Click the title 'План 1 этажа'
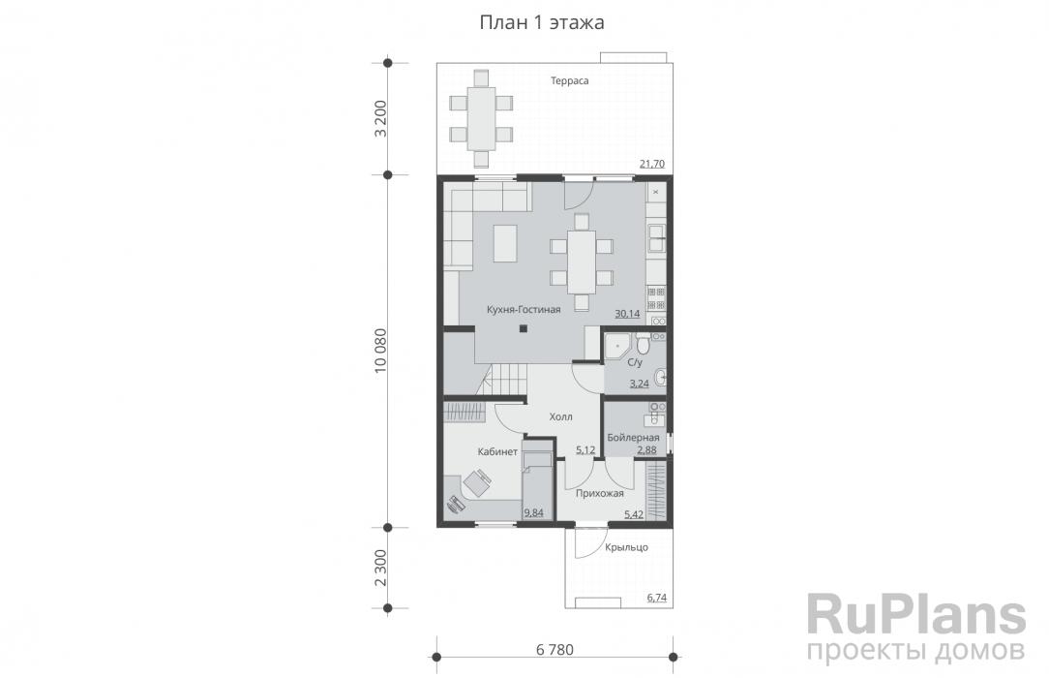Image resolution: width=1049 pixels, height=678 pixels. coord(542,22)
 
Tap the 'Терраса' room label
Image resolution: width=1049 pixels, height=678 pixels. coord(569,81)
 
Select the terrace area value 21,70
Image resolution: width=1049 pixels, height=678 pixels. coord(652,164)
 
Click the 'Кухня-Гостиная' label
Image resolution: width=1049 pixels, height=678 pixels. coord(524,310)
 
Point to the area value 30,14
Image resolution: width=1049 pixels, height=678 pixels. coord(627,313)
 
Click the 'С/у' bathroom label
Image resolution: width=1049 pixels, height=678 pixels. coord(635,363)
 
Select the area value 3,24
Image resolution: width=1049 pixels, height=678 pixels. coord(640,384)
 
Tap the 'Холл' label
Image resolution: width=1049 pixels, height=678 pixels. coord(560,417)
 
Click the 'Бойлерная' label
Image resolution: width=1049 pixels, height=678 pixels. coord(633,438)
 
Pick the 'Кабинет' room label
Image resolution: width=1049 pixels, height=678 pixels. coord(497,451)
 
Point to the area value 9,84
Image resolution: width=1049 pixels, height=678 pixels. coord(534,513)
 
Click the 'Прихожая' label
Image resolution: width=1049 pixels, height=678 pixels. coord(600,494)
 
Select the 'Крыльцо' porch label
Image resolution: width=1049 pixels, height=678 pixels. coord(627,547)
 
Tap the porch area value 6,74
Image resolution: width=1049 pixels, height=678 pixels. coord(657,598)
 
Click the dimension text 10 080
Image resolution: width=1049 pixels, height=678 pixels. coord(380,351)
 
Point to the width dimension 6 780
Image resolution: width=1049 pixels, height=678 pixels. coord(554,649)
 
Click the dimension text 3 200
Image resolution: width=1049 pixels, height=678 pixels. coord(380,118)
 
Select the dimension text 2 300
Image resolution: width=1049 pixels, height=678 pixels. coord(380,568)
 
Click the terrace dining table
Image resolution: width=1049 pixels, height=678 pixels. coord(481,119)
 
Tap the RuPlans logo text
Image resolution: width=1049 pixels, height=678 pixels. coord(916,614)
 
